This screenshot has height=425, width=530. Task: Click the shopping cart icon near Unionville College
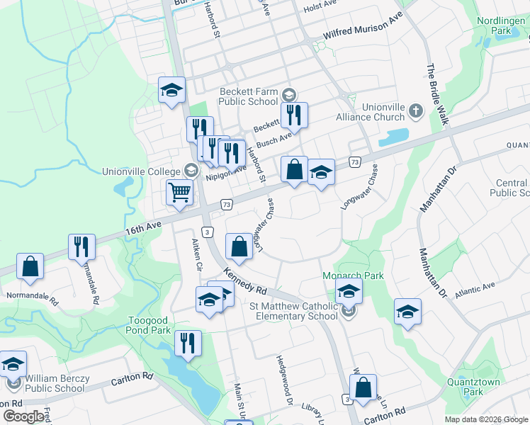coord(180,192)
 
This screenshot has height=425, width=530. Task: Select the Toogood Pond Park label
coord(149,325)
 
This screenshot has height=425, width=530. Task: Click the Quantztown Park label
coord(483,386)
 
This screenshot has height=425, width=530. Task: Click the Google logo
coord(24,416)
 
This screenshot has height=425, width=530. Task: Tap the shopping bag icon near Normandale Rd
coord(30,267)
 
